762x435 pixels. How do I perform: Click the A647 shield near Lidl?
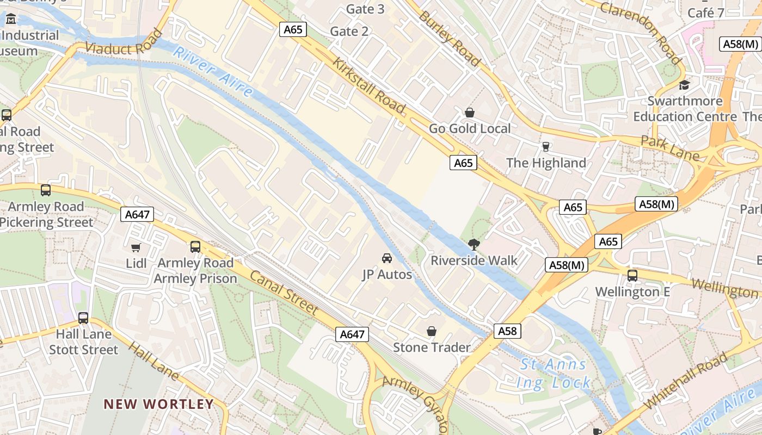(137, 214)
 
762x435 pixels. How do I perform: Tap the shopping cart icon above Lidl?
(136, 247)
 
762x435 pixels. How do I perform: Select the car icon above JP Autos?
(387, 258)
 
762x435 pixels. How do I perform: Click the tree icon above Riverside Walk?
(474, 244)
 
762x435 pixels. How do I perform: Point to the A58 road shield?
(507, 331)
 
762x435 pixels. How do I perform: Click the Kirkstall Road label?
(370, 85)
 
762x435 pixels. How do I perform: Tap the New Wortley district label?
(159, 404)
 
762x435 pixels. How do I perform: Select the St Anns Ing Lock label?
(554, 374)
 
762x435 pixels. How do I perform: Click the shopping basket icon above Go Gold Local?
(470, 113)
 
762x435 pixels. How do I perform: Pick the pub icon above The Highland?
(546, 146)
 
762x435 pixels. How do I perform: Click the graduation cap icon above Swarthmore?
(684, 85)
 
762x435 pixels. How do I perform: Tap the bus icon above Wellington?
(632, 275)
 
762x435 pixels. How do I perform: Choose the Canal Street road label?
(284, 292)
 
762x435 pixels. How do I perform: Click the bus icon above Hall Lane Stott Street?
(83, 318)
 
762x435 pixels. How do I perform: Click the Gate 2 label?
(349, 32)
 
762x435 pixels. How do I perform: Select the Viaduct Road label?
(124, 43)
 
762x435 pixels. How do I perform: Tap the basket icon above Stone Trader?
(432, 331)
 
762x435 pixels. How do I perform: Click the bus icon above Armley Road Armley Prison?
(195, 247)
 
